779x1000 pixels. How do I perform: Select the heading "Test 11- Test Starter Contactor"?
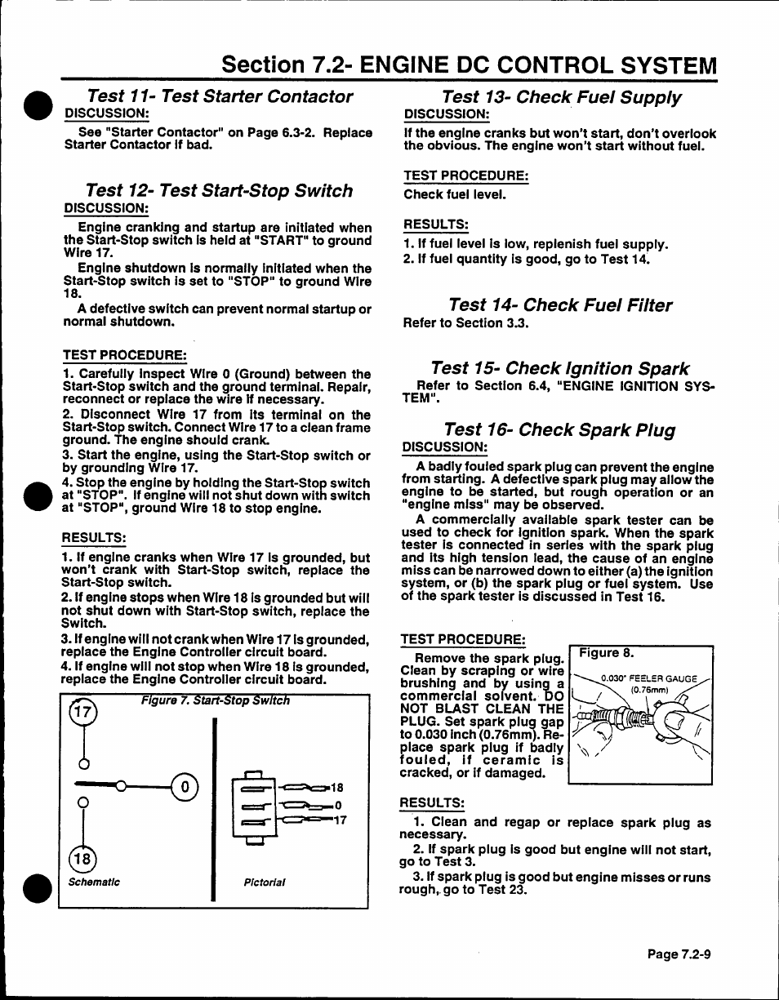coord(220,96)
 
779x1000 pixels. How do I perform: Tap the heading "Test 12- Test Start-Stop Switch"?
coord(219,190)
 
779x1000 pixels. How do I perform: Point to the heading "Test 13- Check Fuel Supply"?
coord(561,98)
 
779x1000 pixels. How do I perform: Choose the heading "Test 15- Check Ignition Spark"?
coord(559,368)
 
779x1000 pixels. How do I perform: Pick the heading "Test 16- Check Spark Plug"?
coord(559,429)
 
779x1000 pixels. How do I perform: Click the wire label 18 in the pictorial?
coord(336,788)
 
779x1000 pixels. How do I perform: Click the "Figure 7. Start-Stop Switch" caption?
coord(215,700)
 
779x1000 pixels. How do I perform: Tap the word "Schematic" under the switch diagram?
coord(94,882)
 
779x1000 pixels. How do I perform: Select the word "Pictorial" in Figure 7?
coord(265,882)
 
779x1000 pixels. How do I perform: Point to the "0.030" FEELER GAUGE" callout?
coord(648,678)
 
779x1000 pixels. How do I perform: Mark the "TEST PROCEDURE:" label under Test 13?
coord(465,176)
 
